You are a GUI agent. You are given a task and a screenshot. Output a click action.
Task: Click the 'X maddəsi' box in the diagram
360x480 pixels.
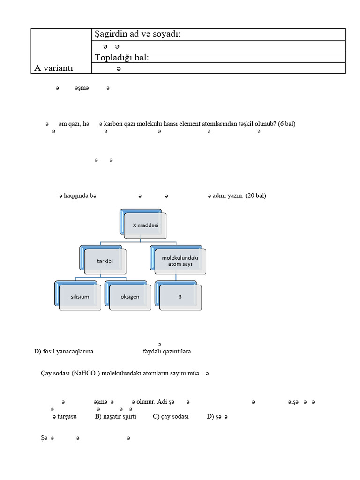click(145, 225)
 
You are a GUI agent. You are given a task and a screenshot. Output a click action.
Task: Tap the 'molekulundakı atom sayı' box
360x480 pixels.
click(180, 261)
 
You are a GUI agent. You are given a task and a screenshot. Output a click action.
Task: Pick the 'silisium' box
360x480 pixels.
click(80, 296)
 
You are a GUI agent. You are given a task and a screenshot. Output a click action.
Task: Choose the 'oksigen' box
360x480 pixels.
click(129, 296)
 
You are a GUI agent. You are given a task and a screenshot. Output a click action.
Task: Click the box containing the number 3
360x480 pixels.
click(180, 296)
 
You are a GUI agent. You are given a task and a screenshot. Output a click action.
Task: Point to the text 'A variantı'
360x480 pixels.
click(54, 68)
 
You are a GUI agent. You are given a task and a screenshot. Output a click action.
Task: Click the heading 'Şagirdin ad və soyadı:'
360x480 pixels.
click(138, 34)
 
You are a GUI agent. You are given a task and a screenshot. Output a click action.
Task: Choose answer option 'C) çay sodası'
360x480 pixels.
click(171, 416)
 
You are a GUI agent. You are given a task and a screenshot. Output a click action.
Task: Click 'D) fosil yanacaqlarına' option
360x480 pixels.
click(64, 351)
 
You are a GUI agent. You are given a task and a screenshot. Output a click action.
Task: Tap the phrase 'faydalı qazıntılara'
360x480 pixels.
click(167, 351)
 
